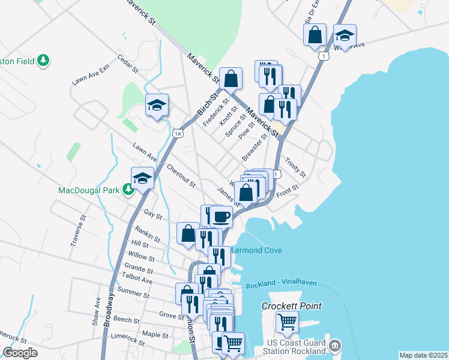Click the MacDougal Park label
click(x=88, y=190)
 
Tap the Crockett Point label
click(x=291, y=306)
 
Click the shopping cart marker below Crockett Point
click(x=287, y=321)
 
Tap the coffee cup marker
click(x=221, y=216)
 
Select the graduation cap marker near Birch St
click(x=157, y=106)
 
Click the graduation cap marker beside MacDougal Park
click(x=143, y=178)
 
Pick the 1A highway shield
click(x=177, y=133)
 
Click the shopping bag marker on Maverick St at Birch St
click(x=231, y=78)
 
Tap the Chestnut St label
click(x=181, y=176)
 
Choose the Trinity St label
click(x=295, y=167)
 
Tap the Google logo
click(x=20, y=353)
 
